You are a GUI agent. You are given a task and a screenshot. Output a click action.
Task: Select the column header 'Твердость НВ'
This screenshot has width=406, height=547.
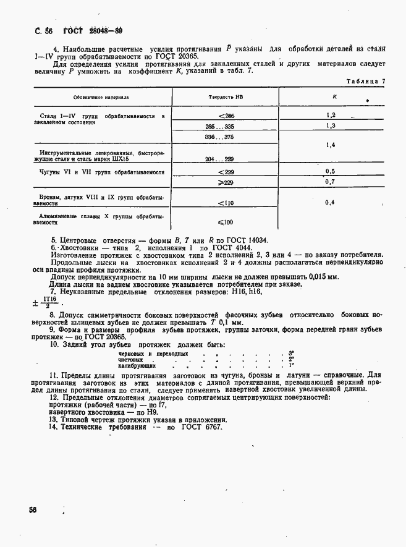(x=221, y=97)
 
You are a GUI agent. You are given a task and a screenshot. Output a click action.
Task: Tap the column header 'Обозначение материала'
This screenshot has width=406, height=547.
(x=101, y=97)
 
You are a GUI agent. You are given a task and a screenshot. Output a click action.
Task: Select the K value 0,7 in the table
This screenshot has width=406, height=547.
(x=330, y=182)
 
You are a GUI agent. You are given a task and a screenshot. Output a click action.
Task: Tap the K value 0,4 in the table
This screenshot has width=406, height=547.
(x=330, y=202)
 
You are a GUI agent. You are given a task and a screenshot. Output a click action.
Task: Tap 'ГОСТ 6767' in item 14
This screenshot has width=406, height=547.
(x=201, y=427)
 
